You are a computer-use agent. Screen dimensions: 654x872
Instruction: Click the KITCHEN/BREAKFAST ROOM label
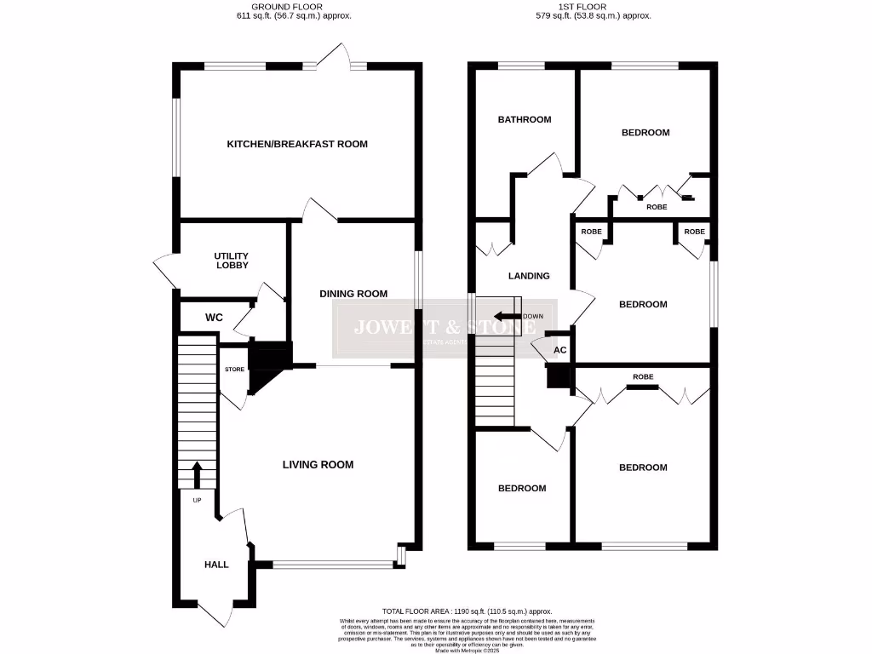tap(296, 144)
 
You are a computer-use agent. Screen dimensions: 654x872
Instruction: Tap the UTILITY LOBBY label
tap(231, 260)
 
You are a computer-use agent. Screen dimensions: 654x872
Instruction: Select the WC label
tap(214, 318)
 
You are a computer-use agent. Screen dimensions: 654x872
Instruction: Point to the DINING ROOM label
tap(353, 294)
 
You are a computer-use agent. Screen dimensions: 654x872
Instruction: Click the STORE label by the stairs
tap(234, 370)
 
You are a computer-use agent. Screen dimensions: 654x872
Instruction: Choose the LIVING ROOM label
tap(318, 464)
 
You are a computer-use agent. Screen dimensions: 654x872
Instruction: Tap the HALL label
tap(216, 565)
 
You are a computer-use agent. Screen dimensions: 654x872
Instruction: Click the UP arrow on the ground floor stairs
tap(197, 473)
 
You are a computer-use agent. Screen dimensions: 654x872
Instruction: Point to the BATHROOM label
tap(524, 119)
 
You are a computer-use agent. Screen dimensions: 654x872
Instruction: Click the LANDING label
tap(529, 276)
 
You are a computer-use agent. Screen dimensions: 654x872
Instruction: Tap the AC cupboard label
tap(559, 350)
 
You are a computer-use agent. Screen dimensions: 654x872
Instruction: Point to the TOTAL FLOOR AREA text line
tap(467, 611)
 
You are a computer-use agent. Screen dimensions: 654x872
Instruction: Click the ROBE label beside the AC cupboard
tap(643, 376)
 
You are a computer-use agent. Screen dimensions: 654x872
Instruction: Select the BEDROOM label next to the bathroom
tap(645, 132)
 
